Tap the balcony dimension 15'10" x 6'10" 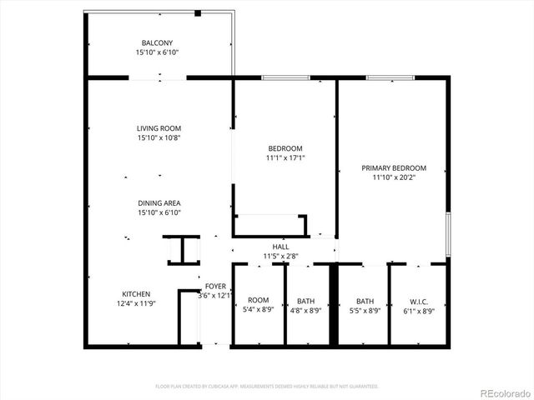click(x=158, y=52)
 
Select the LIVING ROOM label click(x=159, y=128)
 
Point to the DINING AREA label click(x=159, y=202)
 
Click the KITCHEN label click(x=136, y=293)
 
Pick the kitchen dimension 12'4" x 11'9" click(x=136, y=304)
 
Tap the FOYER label click(x=215, y=285)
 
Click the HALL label click(x=280, y=247)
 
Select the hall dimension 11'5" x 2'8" click(x=280, y=256)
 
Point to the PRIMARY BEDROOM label click(x=394, y=167)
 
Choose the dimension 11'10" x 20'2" click(x=394, y=177)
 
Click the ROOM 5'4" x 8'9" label click(x=258, y=301)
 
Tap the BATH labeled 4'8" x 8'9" click(x=306, y=301)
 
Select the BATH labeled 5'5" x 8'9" click(x=365, y=301)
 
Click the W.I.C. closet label click(x=417, y=301)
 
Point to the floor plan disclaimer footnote click(x=267, y=387)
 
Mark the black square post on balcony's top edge click(x=198, y=12)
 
